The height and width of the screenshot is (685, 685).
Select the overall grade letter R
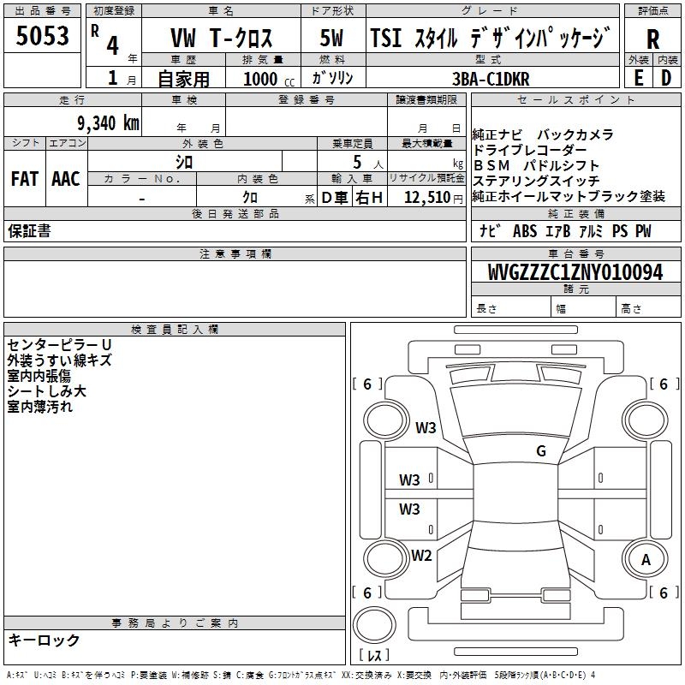point(652,39)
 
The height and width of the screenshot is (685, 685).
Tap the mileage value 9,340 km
point(96,122)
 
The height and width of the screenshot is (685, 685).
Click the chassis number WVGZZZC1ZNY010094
point(575,273)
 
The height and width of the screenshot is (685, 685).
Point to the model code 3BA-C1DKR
point(491,79)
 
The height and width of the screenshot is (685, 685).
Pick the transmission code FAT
point(24,179)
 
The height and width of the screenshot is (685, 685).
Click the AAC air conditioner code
point(65,179)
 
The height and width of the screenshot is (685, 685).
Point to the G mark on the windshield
point(541,450)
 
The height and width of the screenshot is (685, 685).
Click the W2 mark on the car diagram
point(421,555)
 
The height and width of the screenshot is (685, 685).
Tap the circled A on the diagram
point(646,560)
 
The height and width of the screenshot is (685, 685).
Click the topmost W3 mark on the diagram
point(426,427)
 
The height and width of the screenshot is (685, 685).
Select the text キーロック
point(44,640)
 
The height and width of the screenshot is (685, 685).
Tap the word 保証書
point(29,230)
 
